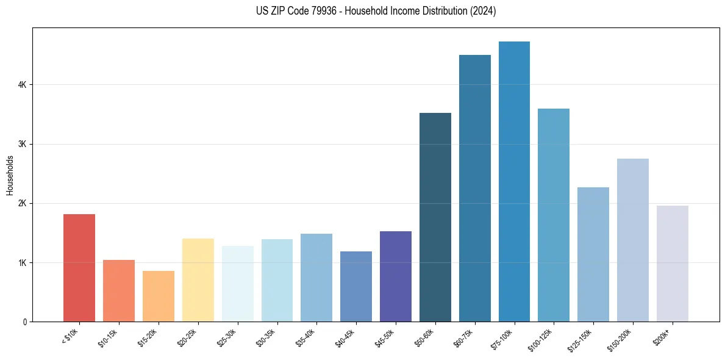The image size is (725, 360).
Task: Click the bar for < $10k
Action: click(79, 268)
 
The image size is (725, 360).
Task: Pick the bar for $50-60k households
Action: click(435, 217)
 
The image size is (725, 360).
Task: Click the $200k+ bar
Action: click(672, 264)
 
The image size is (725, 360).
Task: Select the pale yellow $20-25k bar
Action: click(198, 280)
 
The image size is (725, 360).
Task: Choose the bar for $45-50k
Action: click(396, 276)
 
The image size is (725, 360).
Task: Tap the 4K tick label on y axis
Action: click(23, 85)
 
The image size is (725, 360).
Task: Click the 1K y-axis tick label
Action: click(23, 262)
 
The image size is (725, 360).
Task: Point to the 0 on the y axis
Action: click(25, 322)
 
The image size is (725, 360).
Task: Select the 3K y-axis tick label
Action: click(23, 144)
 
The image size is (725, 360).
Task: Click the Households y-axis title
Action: click(10, 175)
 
